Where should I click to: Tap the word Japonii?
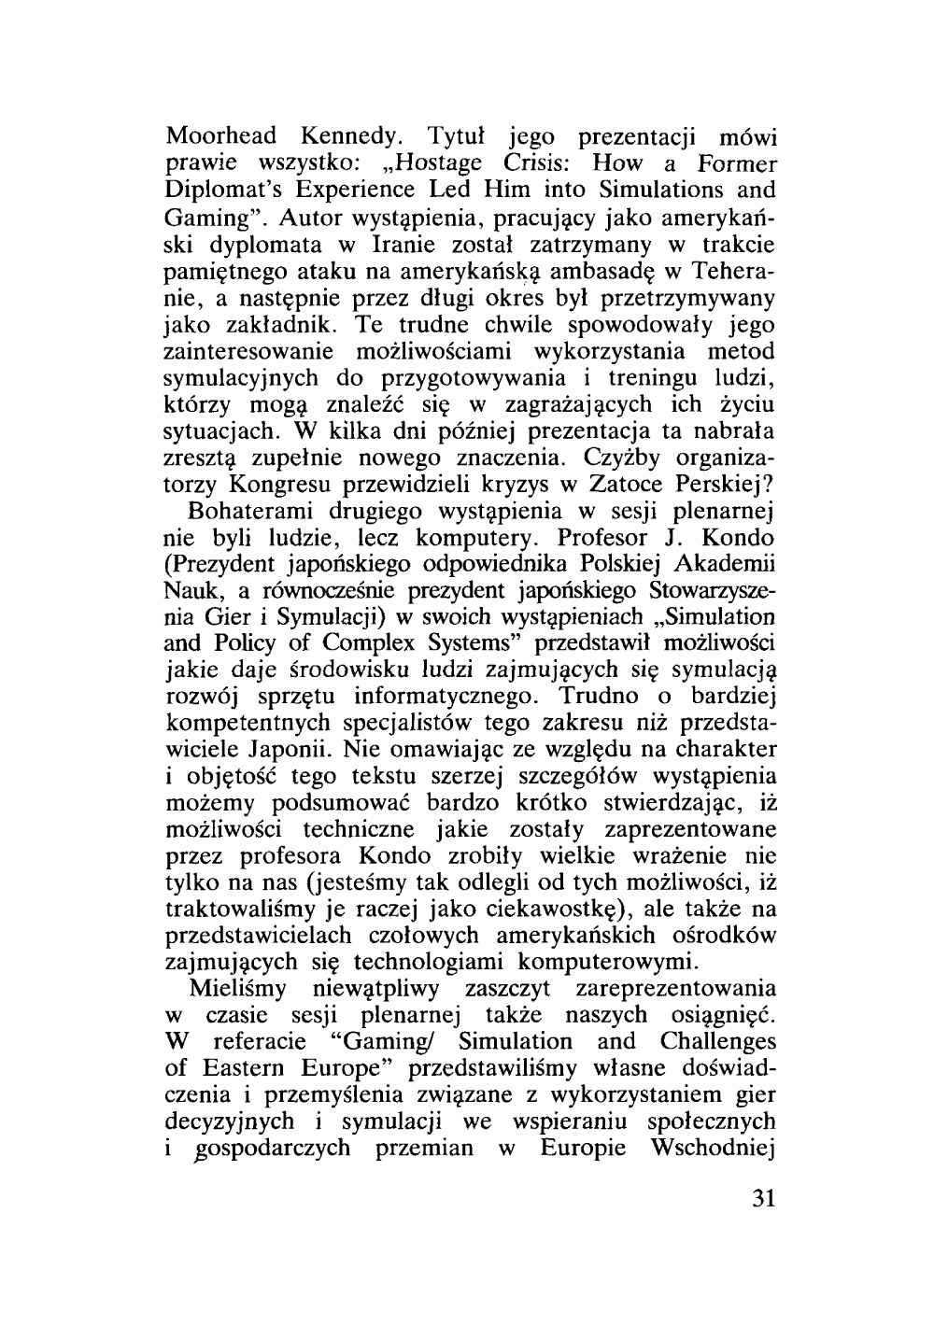click(x=290, y=751)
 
